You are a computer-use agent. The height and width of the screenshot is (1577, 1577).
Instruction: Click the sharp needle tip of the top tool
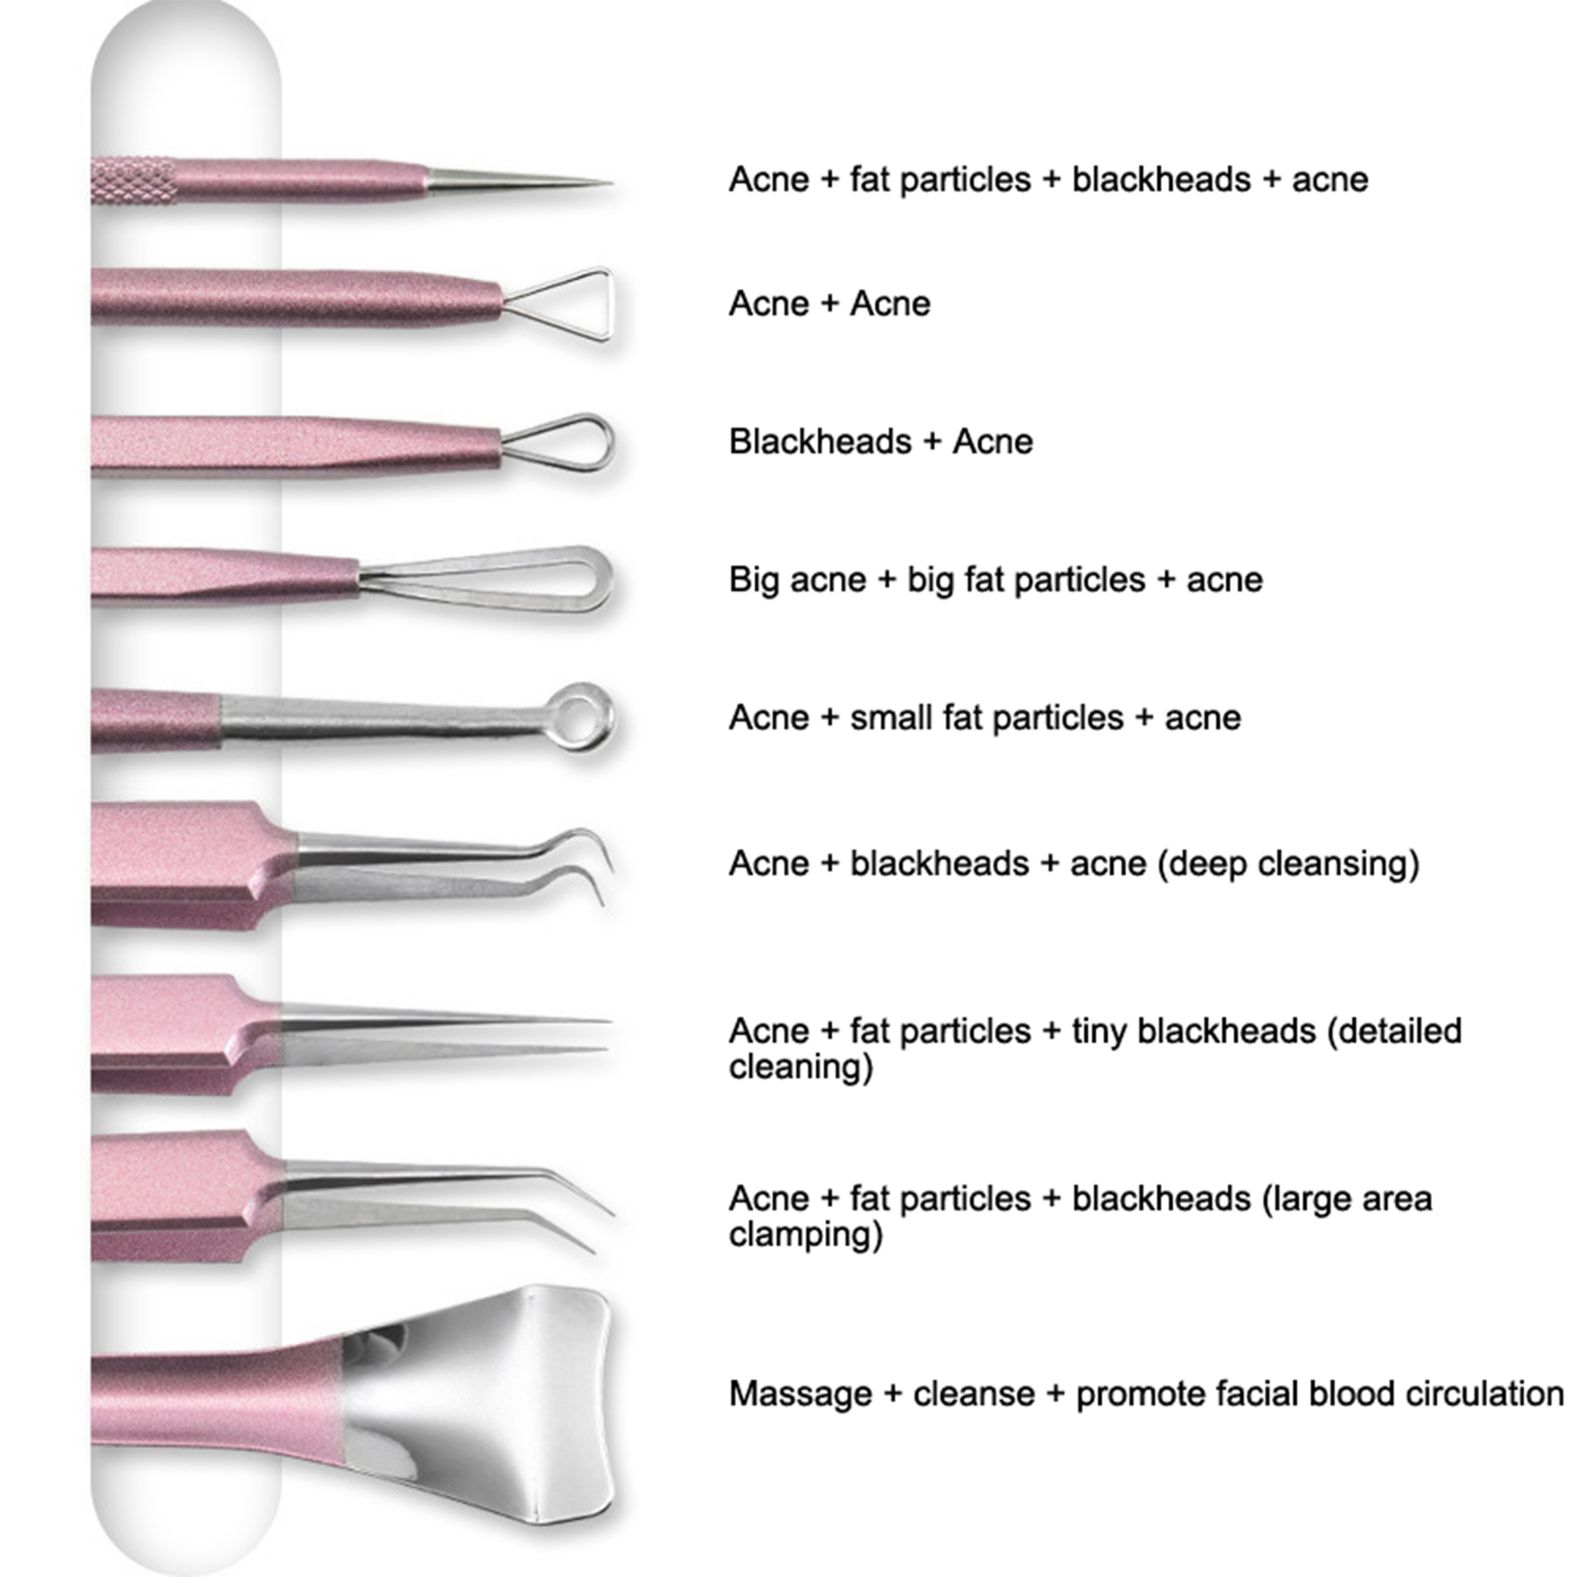pyautogui.click(x=609, y=182)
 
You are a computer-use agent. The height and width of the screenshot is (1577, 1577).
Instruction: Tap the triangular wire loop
pyautogui.click(x=608, y=304)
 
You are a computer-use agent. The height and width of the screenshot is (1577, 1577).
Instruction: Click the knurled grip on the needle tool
pyautogui.click(x=134, y=181)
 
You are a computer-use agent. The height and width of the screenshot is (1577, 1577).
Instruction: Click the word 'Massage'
pyautogui.click(x=800, y=1395)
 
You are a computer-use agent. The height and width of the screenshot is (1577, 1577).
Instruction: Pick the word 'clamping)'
pyautogui.click(x=805, y=1235)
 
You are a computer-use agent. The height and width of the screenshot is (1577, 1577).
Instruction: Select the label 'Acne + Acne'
pyautogui.click(x=829, y=304)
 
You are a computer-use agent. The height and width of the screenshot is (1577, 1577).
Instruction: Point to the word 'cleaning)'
pyautogui.click(x=800, y=1067)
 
